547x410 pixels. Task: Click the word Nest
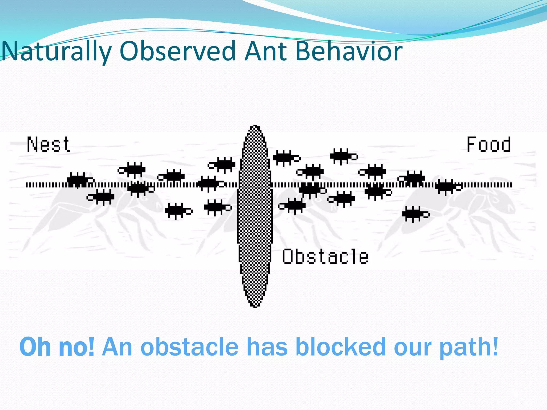click(49, 145)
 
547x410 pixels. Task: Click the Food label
click(489, 145)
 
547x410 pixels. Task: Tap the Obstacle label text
click(325, 257)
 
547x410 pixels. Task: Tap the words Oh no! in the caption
click(57, 347)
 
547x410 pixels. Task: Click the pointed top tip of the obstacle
click(255, 126)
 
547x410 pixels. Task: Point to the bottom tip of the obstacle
click(255, 307)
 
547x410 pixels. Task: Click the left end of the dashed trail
click(27, 185)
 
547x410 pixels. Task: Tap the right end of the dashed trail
click(511, 185)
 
